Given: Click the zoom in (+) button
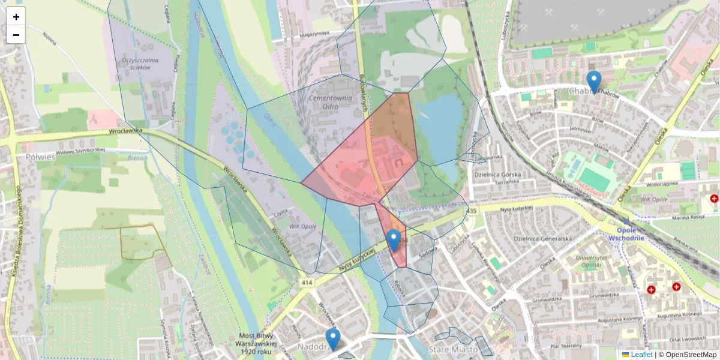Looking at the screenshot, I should coord(16,17).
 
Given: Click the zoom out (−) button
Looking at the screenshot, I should coord(16,35).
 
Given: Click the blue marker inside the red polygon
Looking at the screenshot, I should coord(394,240).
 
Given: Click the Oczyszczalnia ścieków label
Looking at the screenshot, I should coord(140,64).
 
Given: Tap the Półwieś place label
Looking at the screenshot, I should coord(41,157).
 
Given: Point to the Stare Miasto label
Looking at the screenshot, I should coord(453,349).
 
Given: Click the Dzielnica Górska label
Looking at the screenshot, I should coord(496,174).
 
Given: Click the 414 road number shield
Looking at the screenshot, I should coord(307,281).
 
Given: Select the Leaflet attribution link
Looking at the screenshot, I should coord(641,355).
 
